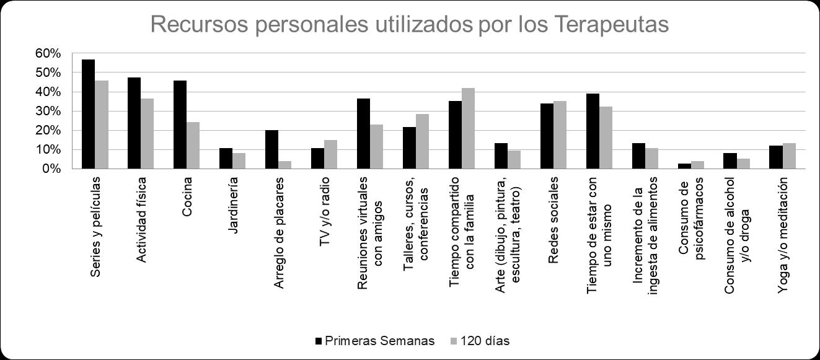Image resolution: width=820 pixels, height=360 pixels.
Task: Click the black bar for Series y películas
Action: (x=89, y=114)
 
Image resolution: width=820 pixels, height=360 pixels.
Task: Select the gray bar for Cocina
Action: (x=193, y=145)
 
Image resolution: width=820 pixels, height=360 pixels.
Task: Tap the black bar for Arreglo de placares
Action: (x=271, y=149)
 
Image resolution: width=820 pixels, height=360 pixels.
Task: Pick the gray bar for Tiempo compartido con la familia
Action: (x=468, y=128)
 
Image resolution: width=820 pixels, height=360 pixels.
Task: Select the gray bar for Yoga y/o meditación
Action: (x=789, y=156)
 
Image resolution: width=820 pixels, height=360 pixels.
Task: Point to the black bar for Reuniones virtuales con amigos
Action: (x=363, y=133)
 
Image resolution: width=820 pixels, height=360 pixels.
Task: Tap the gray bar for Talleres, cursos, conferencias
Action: (x=422, y=141)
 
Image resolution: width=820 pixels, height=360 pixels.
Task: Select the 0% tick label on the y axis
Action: (x=51, y=169)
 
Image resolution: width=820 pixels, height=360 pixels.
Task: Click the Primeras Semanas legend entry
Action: (x=374, y=341)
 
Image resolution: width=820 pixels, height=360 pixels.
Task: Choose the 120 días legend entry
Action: (x=484, y=341)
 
